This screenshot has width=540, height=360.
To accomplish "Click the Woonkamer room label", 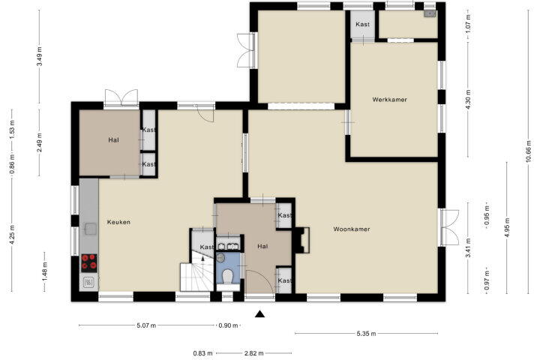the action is pos(352,229).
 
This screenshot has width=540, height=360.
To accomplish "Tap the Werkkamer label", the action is pos(389,100).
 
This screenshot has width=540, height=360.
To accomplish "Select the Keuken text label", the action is pos(118,222).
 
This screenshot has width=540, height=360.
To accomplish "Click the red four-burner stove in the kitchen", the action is pos(88,262).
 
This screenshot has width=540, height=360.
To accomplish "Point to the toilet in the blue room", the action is pos(227,276).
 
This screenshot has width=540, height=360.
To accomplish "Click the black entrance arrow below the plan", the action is pos(260,313).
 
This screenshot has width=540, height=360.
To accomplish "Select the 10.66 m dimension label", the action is pos(529,152).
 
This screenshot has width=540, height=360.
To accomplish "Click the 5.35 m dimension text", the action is pos(366,334).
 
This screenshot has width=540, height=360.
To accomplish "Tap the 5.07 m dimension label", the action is pos(146,325).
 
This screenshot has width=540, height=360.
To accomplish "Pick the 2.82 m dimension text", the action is pos(253,353).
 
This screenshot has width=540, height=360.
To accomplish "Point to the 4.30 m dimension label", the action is pos(468,100).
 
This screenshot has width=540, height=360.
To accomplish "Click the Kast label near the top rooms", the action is pos(363,25).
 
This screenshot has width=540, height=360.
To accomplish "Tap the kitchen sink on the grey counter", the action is pos(91,229).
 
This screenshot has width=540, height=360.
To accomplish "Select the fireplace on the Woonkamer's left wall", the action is pos(301,240).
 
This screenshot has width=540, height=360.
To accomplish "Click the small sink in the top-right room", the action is pos(430,13).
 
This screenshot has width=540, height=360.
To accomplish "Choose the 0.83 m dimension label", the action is pos(202,353).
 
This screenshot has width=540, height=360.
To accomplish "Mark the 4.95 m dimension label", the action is pos(507,226).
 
